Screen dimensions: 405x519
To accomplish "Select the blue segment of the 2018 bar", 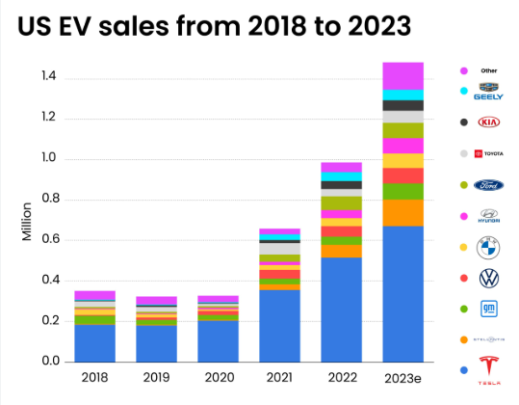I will point(94,343).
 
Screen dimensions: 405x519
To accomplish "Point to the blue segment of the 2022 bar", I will point(341,309).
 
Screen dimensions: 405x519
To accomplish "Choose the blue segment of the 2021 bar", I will point(279,326).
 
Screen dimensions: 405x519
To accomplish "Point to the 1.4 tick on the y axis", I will point(50,77).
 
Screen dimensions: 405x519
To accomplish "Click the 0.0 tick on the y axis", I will point(50,362).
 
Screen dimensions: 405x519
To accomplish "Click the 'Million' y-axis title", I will point(28,221).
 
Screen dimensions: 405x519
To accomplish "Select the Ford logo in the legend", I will point(490,185).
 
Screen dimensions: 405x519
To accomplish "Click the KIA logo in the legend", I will point(490,123).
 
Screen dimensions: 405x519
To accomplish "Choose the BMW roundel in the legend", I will point(490,246).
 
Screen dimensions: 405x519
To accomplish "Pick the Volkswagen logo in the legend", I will point(490,278).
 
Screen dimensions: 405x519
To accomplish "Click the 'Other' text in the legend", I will point(489,70).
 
